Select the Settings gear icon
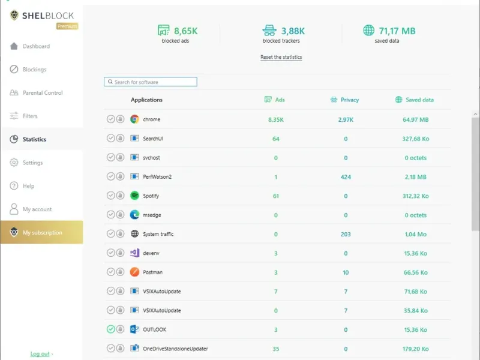tap(14, 162)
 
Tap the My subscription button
tap(41, 232)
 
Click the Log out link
tap(40, 354)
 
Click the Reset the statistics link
tap(281, 57)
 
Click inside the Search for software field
tap(151, 82)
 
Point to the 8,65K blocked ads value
tap(186, 31)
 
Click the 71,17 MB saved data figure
tap(397, 31)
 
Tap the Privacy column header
tap(350, 100)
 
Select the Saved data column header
tap(419, 100)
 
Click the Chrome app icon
tap(134, 119)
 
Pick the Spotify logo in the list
tap(134, 196)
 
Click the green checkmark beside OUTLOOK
tap(111, 329)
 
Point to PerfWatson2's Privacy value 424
tap(346, 177)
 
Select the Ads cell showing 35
tap(276, 349)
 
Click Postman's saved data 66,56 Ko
tap(415, 272)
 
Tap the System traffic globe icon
tap(134, 233)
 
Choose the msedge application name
tap(152, 215)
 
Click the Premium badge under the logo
tap(67, 26)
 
